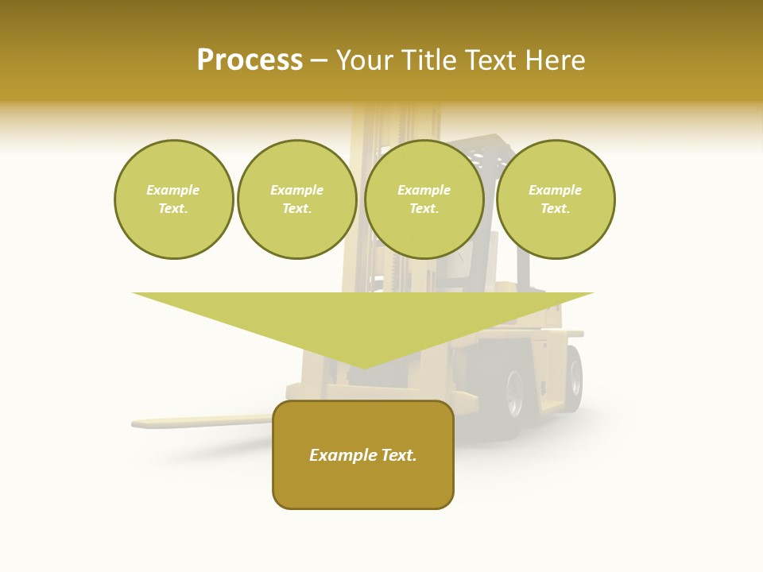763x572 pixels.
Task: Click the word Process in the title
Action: coord(250,60)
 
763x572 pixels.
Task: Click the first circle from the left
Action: coord(174,199)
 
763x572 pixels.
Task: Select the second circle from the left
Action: coord(297,199)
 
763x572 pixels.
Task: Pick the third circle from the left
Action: coord(424,199)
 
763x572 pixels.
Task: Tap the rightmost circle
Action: coord(556,199)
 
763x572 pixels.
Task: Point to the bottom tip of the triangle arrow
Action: coord(363,366)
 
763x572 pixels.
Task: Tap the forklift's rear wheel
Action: coord(572,379)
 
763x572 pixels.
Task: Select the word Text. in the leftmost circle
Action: coord(173,209)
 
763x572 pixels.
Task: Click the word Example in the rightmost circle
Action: coord(556,190)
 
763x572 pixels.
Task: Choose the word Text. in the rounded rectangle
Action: coord(398,455)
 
